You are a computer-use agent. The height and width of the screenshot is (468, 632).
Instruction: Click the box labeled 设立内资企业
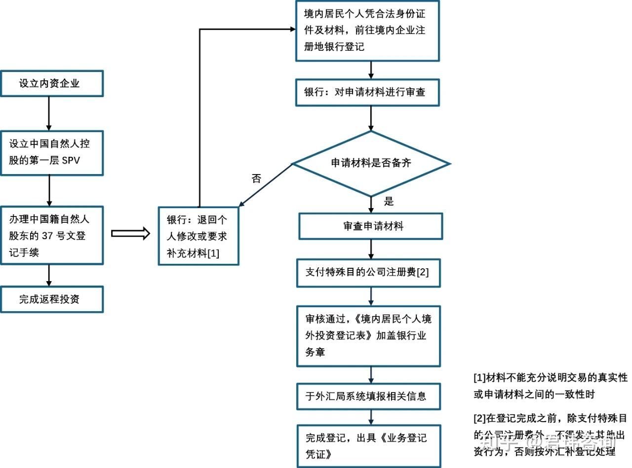point(52,83)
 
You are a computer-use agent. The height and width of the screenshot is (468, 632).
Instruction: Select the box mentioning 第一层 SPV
point(52,152)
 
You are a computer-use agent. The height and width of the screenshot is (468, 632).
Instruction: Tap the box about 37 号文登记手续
point(52,235)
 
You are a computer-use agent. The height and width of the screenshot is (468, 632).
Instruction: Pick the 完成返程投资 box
point(52,299)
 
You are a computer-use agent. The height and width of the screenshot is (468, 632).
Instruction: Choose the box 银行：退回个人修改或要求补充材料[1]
point(198,236)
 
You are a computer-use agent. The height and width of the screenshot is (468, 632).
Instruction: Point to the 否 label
point(256,179)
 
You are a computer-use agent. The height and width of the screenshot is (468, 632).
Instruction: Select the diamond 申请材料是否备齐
point(371,163)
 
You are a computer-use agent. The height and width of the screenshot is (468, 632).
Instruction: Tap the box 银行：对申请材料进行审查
point(367,92)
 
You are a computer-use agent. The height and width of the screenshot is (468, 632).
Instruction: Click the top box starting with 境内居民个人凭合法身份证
point(367,30)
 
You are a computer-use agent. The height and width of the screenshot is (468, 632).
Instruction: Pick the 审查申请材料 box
point(371,226)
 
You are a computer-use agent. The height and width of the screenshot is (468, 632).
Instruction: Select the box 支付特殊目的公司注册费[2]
point(368,272)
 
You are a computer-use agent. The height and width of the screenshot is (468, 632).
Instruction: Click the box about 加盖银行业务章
point(368,336)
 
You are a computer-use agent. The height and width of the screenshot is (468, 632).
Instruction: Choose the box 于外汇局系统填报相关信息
point(368,396)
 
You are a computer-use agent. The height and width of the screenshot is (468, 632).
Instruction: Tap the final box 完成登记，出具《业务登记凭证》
point(368,446)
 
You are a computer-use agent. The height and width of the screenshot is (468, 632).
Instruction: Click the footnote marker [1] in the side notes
point(479,378)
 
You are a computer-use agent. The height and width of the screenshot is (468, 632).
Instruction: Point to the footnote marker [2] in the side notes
point(479,419)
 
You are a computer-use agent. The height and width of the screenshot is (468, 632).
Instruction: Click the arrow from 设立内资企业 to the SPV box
point(49,113)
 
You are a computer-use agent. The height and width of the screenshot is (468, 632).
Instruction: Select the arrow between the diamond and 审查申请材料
point(371,204)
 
